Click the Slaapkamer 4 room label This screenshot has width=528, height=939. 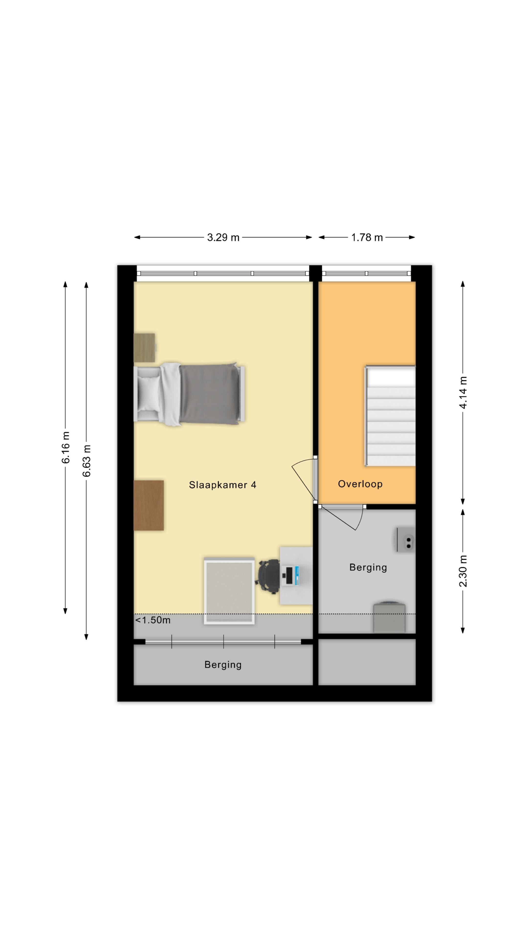click(x=222, y=485)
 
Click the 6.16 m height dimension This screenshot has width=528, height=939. click(x=66, y=447)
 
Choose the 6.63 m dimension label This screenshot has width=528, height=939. click(x=86, y=461)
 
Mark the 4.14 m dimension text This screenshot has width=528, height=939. click(x=463, y=392)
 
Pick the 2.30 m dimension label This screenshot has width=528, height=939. click(x=463, y=571)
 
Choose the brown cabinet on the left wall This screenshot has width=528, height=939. click(x=149, y=505)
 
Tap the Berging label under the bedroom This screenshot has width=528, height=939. click(x=223, y=665)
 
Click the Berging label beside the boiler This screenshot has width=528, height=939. click(x=368, y=568)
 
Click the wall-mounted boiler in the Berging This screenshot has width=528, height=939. click(x=406, y=539)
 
